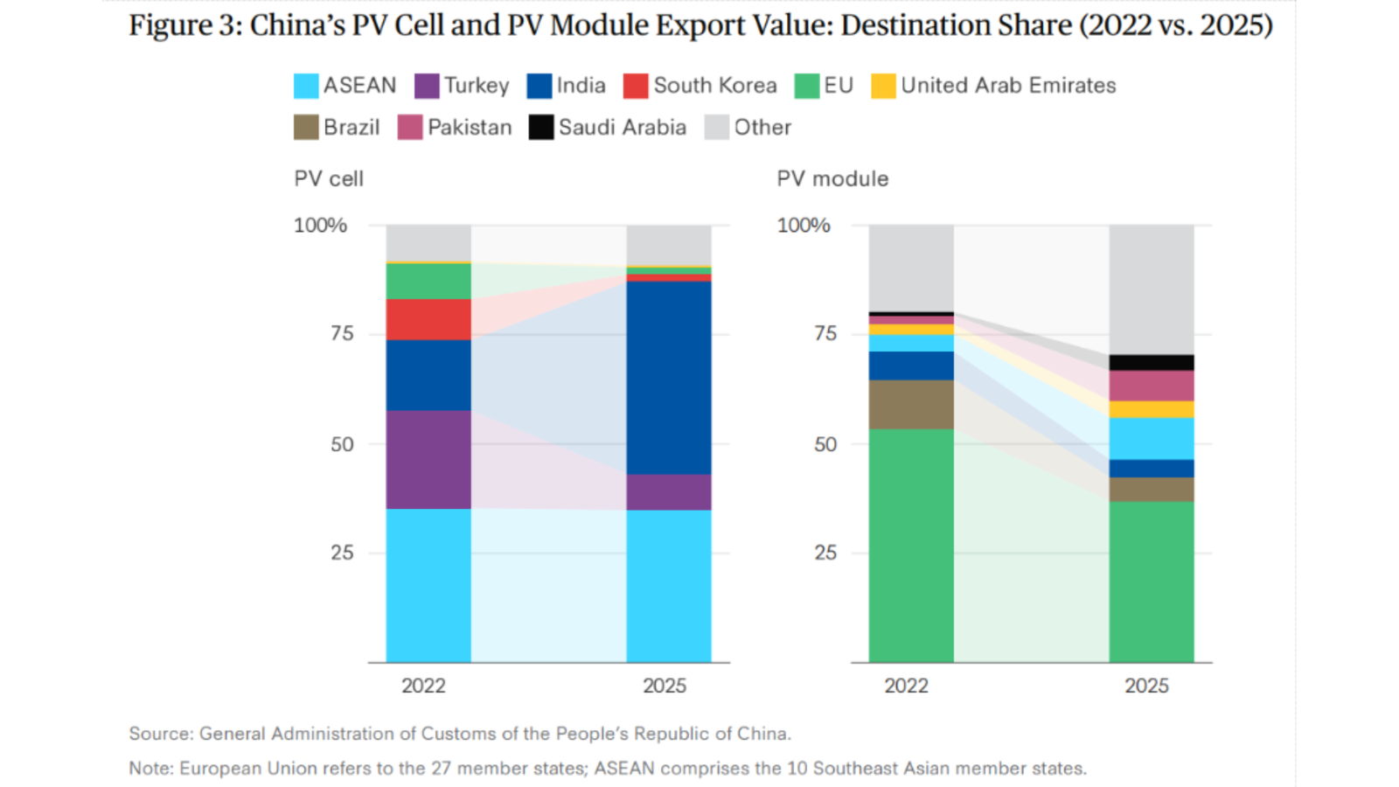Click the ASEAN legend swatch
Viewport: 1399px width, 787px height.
point(306,86)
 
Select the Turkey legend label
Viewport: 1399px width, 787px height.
point(476,86)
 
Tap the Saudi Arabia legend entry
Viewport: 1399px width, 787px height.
point(622,128)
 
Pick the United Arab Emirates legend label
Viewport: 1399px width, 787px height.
point(1008,86)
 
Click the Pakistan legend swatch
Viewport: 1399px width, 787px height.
point(410,128)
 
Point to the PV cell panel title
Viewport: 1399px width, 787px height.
point(329,179)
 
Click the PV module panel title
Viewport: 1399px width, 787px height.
point(832,179)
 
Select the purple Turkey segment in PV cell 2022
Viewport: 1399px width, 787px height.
point(428,460)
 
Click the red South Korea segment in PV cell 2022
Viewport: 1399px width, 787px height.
point(428,319)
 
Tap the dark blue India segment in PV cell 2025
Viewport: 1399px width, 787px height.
point(669,378)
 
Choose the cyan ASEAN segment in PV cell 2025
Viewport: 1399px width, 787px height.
point(669,586)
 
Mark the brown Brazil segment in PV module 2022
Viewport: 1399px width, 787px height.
point(911,404)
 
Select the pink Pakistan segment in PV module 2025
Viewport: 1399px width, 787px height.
point(1152,386)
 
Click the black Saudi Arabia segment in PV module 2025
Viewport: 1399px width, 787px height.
point(1152,363)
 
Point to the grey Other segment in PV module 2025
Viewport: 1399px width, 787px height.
point(1152,289)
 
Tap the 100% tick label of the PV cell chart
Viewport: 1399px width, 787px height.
point(320,226)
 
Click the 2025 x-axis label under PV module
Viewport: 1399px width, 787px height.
point(1146,686)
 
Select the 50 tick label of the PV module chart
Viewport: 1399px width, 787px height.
point(825,444)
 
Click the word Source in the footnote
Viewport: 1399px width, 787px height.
point(159,734)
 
